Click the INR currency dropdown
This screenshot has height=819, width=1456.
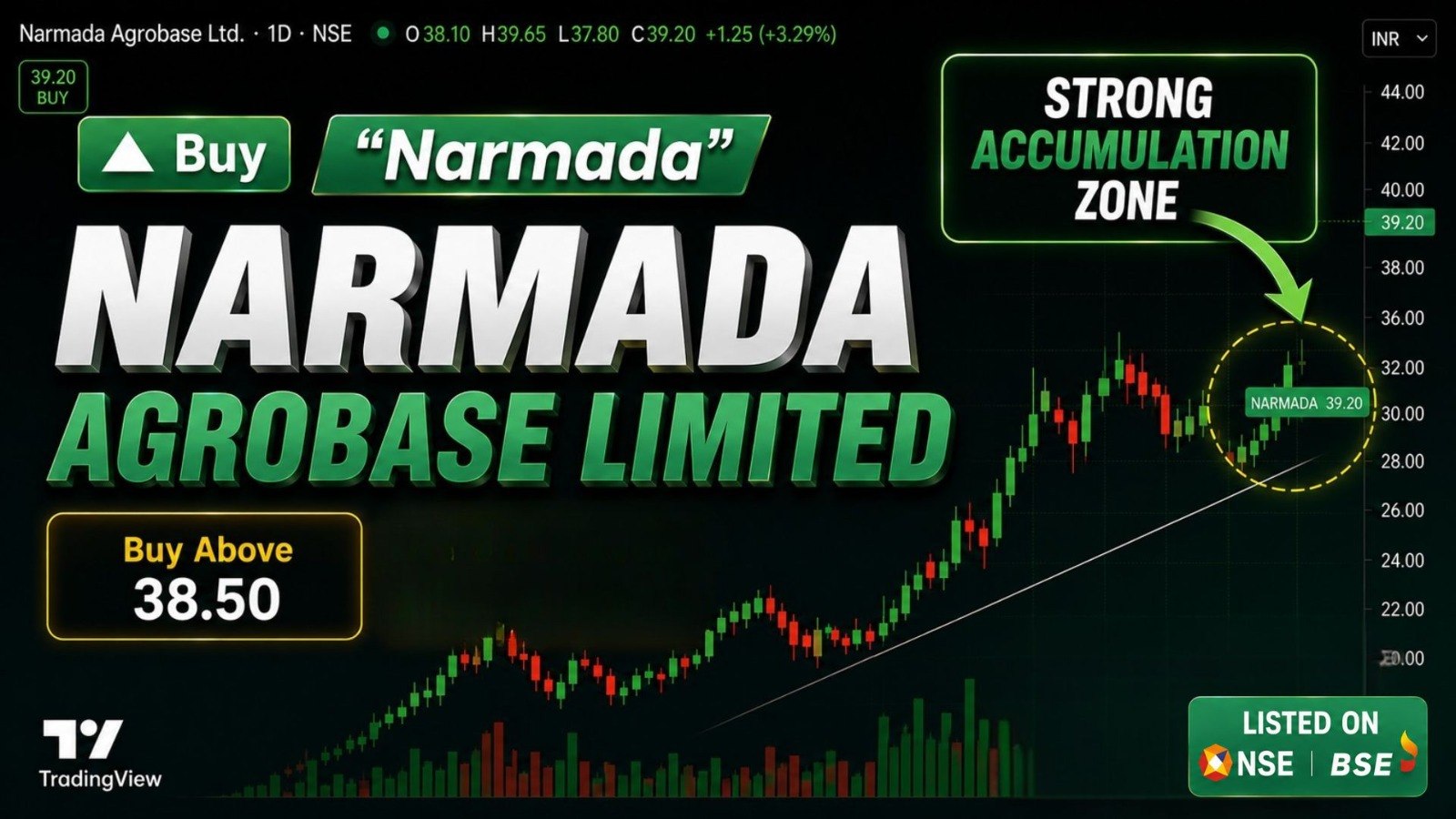tap(1399, 39)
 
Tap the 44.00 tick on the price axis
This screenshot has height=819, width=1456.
tap(1402, 92)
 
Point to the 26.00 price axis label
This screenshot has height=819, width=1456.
tap(1402, 511)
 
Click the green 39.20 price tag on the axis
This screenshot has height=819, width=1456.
tap(1402, 222)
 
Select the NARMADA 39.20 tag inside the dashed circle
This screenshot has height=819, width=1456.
tap(1307, 403)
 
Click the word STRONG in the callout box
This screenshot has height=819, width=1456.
tap(1128, 99)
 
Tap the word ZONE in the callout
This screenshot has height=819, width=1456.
tap(1126, 199)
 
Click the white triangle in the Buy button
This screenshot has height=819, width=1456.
tap(128, 155)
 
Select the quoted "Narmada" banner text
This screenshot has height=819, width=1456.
tap(543, 156)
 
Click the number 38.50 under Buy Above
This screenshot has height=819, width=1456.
tap(207, 600)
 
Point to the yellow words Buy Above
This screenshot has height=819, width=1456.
tap(208, 550)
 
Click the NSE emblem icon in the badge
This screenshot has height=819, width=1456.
tap(1216, 763)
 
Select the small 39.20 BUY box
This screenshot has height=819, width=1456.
tap(54, 87)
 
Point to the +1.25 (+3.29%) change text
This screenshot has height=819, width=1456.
tap(770, 34)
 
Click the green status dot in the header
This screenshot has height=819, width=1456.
tap(383, 33)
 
